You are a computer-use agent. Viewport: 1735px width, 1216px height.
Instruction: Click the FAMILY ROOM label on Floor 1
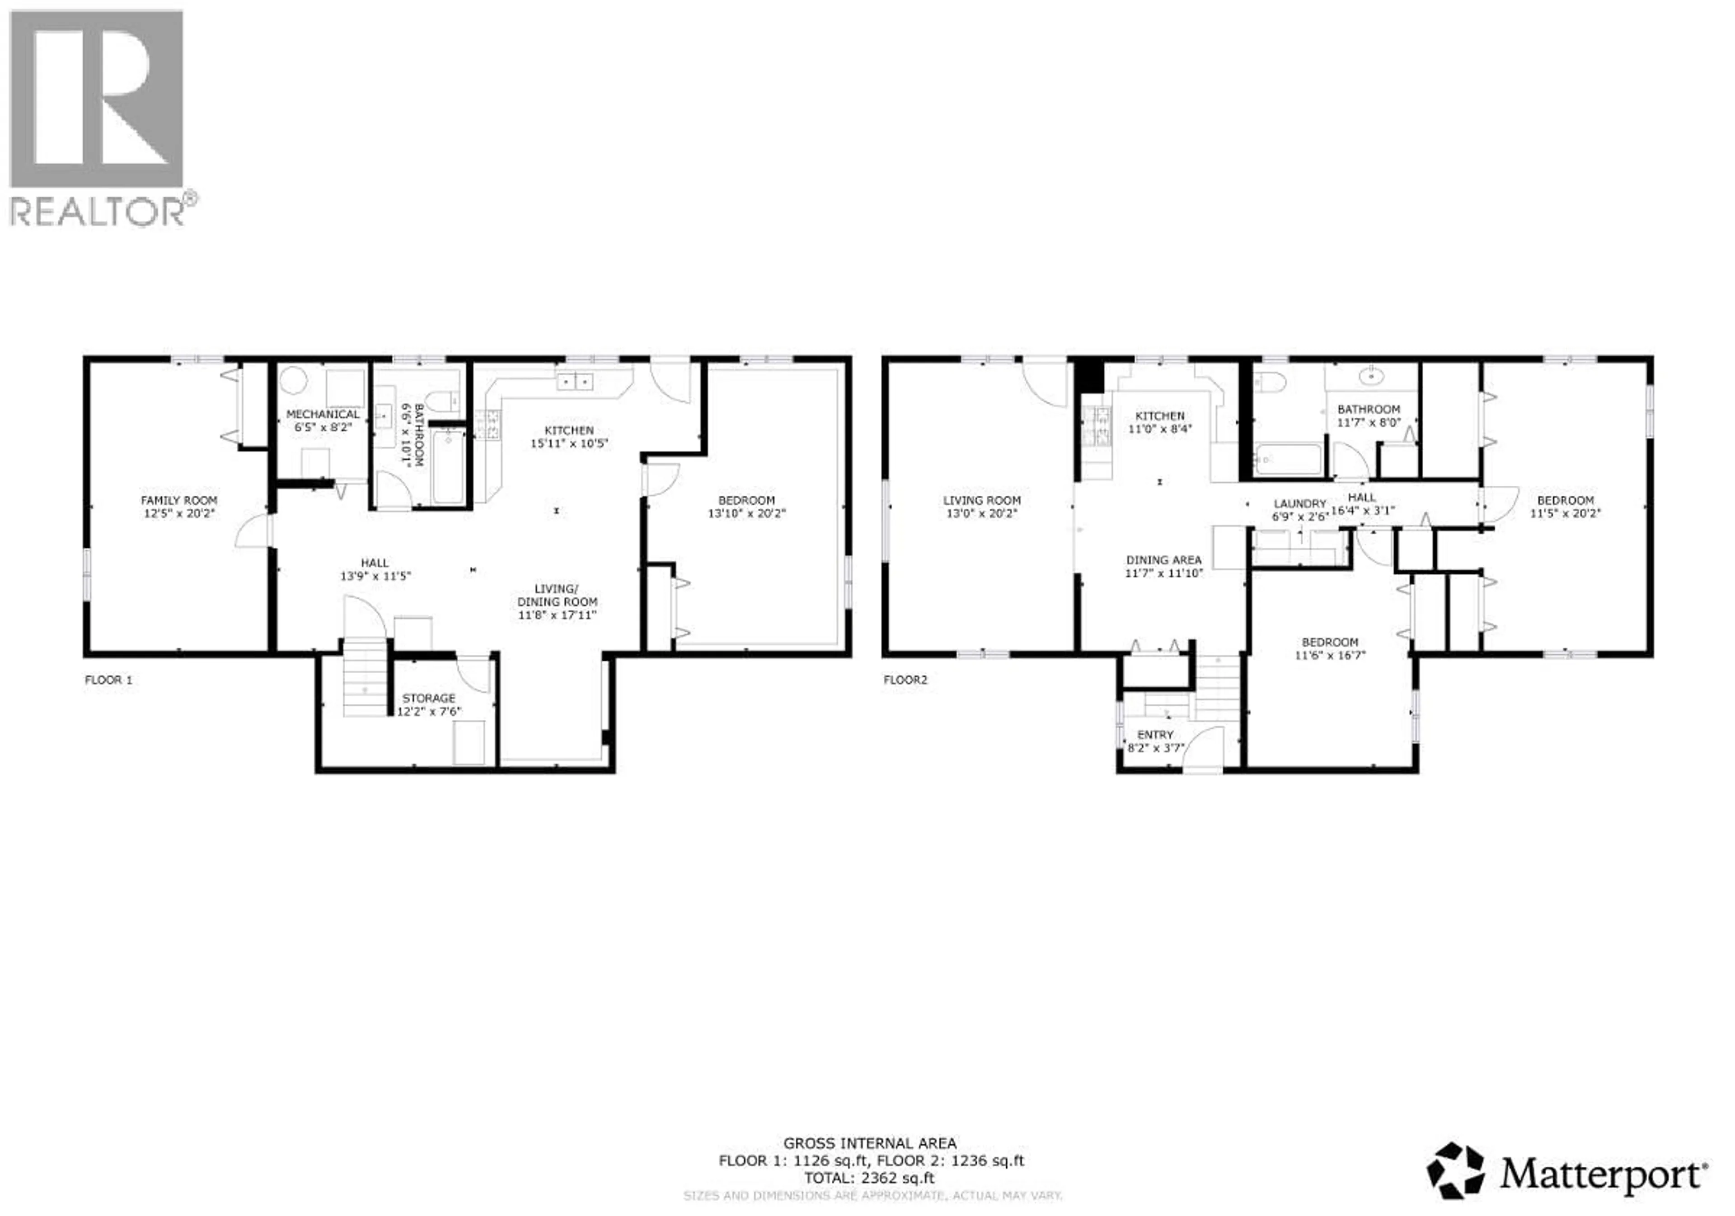[178, 500]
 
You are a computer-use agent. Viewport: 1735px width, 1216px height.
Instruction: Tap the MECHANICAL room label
[323, 414]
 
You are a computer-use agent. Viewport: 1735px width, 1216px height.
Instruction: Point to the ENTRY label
[1155, 734]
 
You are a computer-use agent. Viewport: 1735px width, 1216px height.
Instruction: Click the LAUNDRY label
[1299, 503]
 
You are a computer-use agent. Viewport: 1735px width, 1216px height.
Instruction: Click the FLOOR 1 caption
[108, 680]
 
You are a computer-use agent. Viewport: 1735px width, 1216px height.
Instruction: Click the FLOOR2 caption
[905, 680]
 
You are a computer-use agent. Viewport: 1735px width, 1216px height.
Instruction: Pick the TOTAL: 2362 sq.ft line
[868, 1178]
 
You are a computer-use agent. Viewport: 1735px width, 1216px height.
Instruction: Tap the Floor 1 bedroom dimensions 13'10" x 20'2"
[746, 513]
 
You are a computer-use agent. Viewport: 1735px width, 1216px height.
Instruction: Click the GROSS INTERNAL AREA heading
[869, 1143]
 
